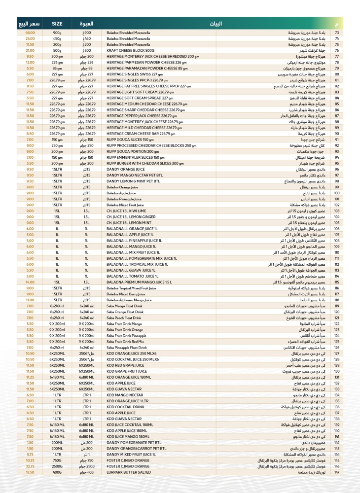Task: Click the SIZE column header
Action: coord(57,23)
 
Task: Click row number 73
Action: coord(336,33)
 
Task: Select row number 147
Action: coord(336,472)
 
